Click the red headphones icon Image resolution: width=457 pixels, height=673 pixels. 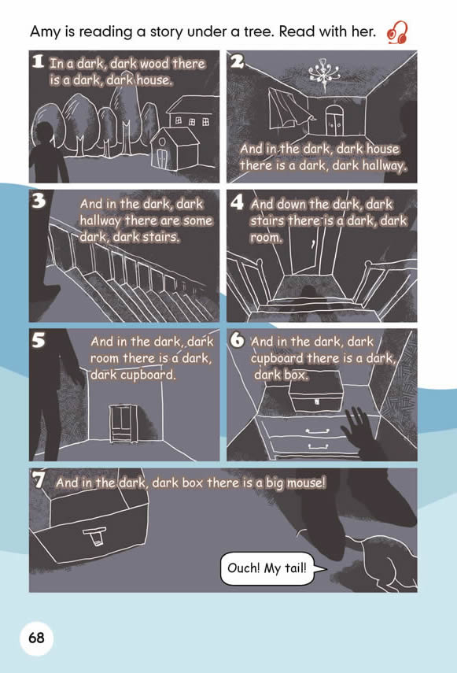(x=397, y=32)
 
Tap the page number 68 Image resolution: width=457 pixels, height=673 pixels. (x=36, y=638)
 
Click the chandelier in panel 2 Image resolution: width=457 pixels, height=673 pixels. (x=323, y=71)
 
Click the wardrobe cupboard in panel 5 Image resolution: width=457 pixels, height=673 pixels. (x=123, y=423)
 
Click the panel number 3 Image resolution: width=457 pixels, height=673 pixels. (x=39, y=201)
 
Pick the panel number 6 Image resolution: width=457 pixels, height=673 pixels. (x=237, y=340)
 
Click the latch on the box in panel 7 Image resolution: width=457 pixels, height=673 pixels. (x=96, y=537)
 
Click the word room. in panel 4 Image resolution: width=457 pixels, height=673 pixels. (x=266, y=238)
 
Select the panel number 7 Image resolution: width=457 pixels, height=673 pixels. (x=39, y=479)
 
